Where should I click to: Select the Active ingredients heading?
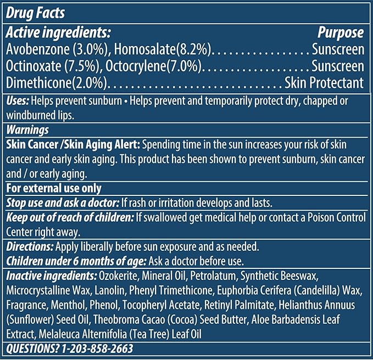click(59, 32)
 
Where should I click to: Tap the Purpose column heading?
click(341, 32)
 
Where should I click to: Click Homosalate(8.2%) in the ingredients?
click(163, 49)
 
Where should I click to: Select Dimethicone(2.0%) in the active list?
click(57, 83)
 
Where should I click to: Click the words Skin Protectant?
click(324, 83)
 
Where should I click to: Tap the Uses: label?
click(18, 102)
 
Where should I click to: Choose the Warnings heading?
click(27, 131)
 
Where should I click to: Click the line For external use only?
click(53, 188)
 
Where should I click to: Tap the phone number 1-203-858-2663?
click(96, 348)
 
